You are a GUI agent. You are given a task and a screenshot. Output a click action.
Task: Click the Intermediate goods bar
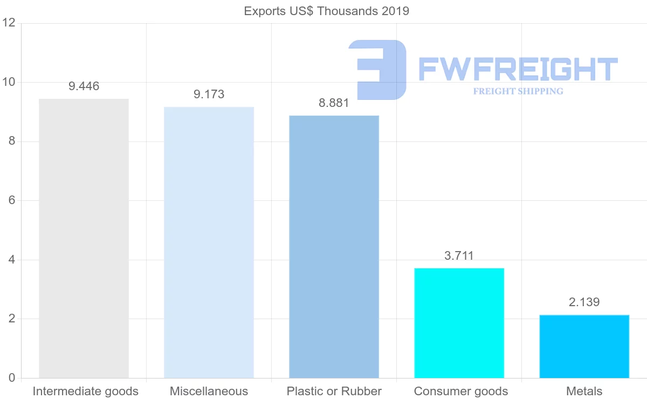(84, 238)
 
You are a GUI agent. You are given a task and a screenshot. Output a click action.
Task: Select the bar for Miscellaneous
(209, 242)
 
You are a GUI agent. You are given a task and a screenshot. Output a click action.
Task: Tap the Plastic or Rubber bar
(334, 247)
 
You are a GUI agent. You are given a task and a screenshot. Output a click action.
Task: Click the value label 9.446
(84, 86)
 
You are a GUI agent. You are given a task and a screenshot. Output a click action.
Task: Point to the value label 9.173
(209, 94)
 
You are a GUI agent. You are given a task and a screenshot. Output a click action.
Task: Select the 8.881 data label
(334, 103)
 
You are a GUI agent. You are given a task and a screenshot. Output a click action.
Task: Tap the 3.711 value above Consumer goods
(459, 255)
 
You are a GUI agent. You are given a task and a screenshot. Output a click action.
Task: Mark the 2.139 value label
(584, 302)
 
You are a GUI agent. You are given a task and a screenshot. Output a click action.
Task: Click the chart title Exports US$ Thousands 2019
(326, 11)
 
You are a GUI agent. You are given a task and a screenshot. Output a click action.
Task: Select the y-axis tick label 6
(11, 200)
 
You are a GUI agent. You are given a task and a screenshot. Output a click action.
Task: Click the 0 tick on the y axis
(11, 378)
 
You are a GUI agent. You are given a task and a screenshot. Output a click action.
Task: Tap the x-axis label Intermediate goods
(85, 391)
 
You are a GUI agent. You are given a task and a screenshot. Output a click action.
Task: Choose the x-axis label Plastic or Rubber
(334, 391)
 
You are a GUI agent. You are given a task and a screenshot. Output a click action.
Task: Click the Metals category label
(584, 391)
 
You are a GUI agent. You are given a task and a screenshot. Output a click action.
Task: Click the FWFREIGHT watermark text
(518, 69)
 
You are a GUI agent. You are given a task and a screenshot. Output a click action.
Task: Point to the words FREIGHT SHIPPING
(518, 91)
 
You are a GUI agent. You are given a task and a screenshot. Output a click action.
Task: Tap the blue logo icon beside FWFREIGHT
(378, 70)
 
